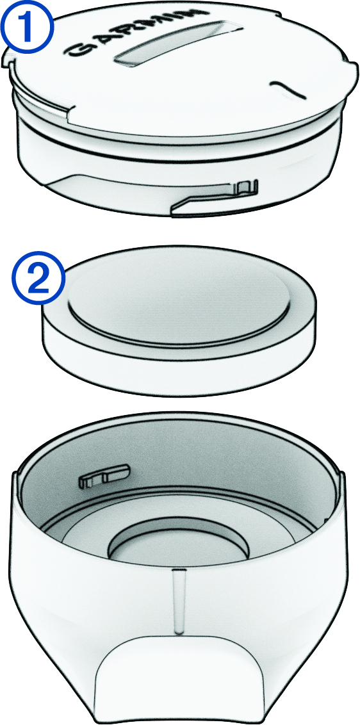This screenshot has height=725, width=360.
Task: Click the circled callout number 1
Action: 27,28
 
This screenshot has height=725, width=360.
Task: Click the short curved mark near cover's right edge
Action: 288,89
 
